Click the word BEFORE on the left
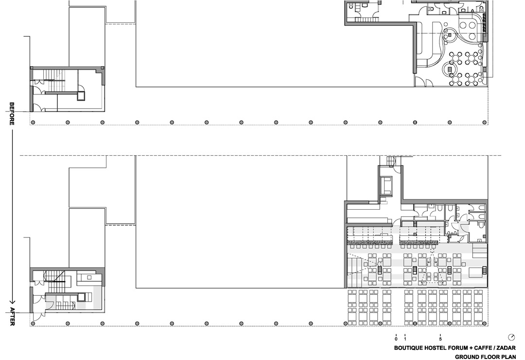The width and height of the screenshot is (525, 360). coord(12,114)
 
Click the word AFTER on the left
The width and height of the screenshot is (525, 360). coord(12,316)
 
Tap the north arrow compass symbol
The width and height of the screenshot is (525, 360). coord(511,337)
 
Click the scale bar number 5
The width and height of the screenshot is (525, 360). coord(440,339)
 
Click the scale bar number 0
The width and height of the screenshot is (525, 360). coord(396,339)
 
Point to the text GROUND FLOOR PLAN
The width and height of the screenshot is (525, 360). coord(485,357)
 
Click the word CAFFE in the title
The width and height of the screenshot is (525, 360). coord(484,348)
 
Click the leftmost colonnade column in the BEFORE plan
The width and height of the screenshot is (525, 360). coord(33,122)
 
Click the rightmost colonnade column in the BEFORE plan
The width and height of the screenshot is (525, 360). coord(485,122)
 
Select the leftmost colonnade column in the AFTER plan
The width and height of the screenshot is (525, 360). coord(33,324)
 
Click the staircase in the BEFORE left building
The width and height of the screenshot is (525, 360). coord(53,80)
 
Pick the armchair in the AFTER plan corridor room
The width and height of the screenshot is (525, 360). coord(386,185)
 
